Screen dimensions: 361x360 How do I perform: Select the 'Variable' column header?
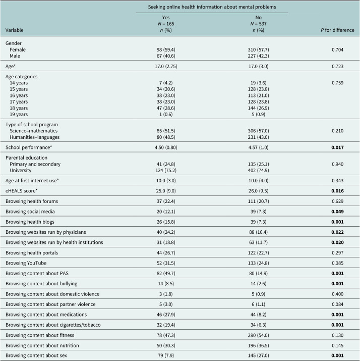point(16,30)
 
